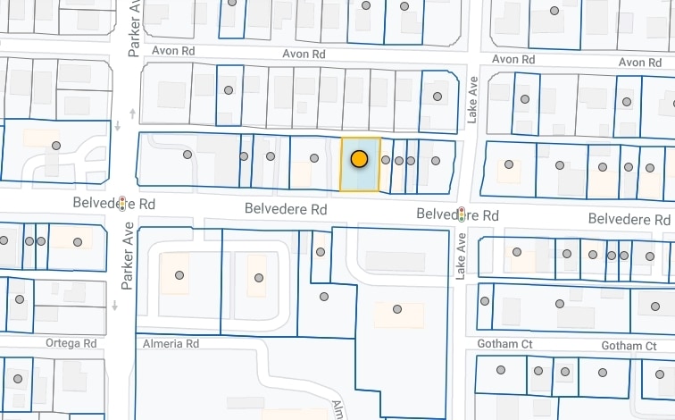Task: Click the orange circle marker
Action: (359, 159)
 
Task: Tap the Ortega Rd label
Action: (71, 343)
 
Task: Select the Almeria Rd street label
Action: (170, 343)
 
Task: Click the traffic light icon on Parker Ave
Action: (123, 202)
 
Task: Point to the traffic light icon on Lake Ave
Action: (462, 214)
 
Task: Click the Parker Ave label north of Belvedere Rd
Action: (135, 29)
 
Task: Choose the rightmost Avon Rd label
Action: (640, 62)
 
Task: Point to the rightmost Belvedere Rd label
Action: (630, 219)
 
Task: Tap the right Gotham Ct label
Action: (629, 346)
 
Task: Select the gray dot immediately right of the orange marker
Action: (386, 160)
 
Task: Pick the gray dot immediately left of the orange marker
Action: (313, 158)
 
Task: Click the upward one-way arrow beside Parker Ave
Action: (133, 113)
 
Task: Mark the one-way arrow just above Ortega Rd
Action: (115, 306)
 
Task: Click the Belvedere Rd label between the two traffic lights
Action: (286, 209)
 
